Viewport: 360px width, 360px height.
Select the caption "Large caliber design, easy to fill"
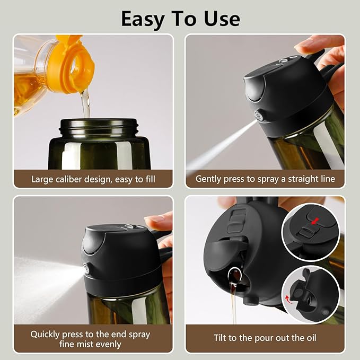point(93,179)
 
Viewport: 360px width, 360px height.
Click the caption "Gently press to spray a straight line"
point(265,179)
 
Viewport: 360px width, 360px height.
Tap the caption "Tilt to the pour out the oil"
point(265,338)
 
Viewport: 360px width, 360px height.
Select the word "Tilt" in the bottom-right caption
point(222,338)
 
